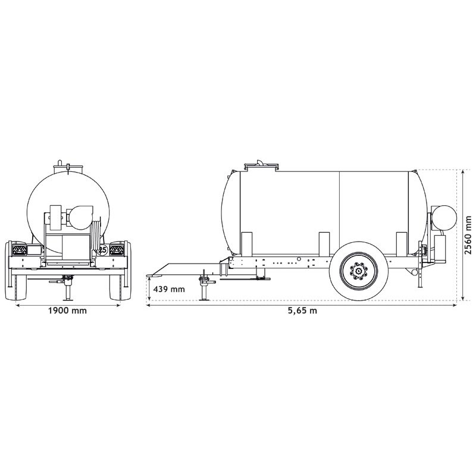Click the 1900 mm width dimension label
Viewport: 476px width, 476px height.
pos(67,311)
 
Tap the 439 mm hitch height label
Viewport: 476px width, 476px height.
pos(169,289)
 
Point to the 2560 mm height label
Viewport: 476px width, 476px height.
pos(468,234)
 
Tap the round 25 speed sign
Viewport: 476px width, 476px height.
pos(102,250)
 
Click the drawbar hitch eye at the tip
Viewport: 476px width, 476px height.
pos(152,275)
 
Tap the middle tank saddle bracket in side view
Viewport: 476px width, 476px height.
pos(324,244)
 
